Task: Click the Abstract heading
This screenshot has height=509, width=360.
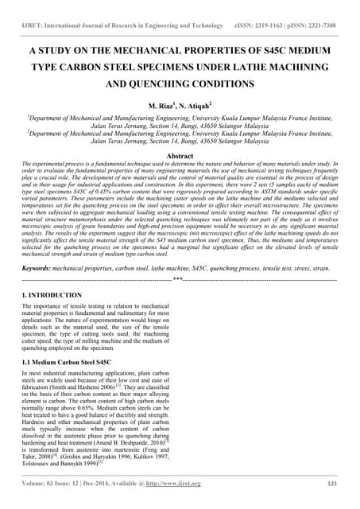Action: point(180,156)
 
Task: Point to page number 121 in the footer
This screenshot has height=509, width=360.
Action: point(331,483)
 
